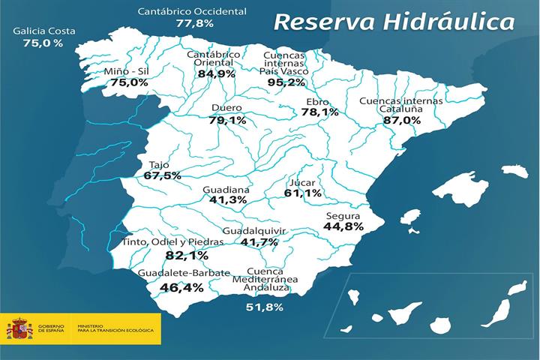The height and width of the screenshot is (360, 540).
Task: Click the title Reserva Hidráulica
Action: click(394, 21)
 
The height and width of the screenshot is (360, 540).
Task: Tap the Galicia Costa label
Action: click(43, 31)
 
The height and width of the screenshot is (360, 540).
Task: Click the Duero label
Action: click(226, 108)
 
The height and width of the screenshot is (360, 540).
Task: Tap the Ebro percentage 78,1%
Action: click(319, 112)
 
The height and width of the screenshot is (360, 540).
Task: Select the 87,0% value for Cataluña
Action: click(402, 120)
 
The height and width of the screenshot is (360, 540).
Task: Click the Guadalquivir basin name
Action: click(254, 230)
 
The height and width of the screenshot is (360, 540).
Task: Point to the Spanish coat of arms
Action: click(19, 328)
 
